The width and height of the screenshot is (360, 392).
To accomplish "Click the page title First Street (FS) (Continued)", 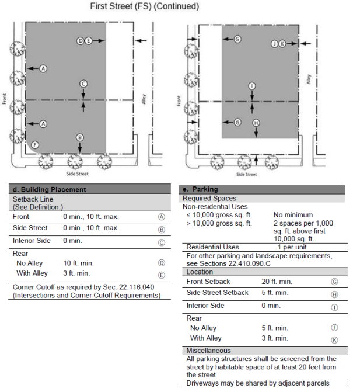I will [x=145, y=6].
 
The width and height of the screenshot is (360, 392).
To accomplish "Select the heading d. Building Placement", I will [x=50, y=189].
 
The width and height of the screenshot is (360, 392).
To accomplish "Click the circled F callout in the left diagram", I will [x=36, y=144].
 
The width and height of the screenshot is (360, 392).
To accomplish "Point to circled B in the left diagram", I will [x=80, y=137].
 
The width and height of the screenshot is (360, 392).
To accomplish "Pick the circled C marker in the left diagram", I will [x=83, y=84].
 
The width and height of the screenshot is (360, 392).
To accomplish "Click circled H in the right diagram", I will [x=256, y=123].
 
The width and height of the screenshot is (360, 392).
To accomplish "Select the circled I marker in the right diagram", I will [x=252, y=86].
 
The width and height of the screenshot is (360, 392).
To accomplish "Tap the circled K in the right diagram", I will [x=282, y=44].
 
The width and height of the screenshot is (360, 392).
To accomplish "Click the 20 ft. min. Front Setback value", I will [x=277, y=282].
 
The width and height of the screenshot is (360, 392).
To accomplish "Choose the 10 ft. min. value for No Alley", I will [x=76, y=263].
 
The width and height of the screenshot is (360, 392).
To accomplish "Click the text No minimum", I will [x=293, y=214].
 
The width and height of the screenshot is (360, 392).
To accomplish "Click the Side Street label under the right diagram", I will [x=246, y=174].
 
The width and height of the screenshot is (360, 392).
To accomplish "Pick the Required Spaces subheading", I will [x=209, y=199].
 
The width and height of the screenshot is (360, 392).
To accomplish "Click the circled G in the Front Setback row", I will [x=334, y=282].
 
